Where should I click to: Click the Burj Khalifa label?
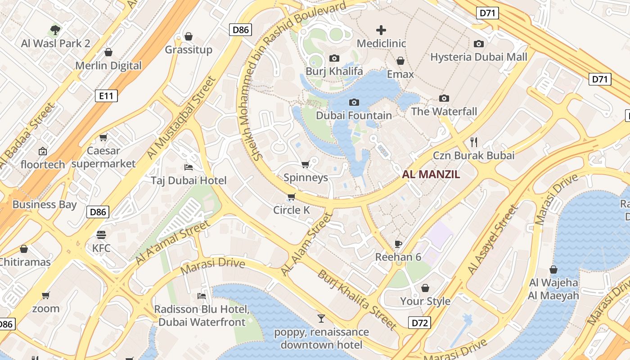[x=334, y=71]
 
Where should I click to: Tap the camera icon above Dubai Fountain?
[x=354, y=103]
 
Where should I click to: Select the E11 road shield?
[x=106, y=95]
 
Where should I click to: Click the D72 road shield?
[x=419, y=323]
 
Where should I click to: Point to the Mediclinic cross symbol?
[x=381, y=31]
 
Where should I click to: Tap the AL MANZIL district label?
[x=431, y=175]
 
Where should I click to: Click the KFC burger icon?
[x=101, y=234]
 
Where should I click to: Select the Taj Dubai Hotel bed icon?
[x=189, y=167]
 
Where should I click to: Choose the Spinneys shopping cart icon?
[x=306, y=165]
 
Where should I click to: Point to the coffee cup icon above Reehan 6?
[x=398, y=244]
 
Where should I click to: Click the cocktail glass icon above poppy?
[x=321, y=319]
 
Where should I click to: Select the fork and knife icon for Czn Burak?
[x=473, y=142]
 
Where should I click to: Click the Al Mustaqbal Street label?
[x=182, y=118]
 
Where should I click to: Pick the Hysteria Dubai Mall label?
[x=479, y=57]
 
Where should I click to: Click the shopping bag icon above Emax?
[x=400, y=61]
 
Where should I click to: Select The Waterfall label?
[x=444, y=112]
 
